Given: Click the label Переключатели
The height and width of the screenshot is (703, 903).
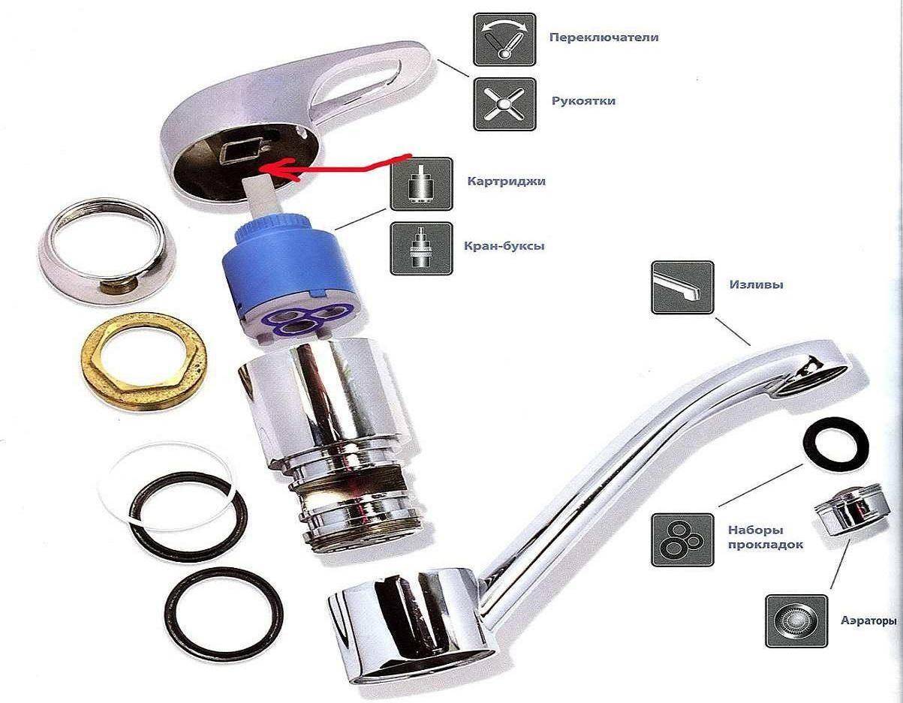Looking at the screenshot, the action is pyautogui.click(x=604, y=38).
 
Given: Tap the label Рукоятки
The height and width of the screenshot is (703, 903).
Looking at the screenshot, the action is pyautogui.click(x=583, y=101).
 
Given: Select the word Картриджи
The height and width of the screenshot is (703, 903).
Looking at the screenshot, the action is pyautogui.click(x=507, y=182).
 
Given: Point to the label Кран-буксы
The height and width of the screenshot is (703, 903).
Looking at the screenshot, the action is pyautogui.click(x=504, y=246).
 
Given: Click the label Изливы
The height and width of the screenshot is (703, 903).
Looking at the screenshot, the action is pyautogui.click(x=757, y=284).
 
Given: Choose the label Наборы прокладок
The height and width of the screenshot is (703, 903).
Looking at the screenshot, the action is pyautogui.click(x=766, y=537).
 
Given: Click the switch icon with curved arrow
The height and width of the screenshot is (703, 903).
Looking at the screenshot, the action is pyautogui.click(x=504, y=40).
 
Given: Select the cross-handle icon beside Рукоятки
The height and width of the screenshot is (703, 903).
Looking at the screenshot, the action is pyautogui.click(x=504, y=104).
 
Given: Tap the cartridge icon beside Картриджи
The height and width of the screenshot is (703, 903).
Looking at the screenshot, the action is pyautogui.click(x=421, y=184).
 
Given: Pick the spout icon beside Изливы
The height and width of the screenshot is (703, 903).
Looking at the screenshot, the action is pyautogui.click(x=682, y=287).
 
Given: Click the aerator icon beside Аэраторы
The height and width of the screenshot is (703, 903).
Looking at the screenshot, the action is pyautogui.click(x=796, y=621).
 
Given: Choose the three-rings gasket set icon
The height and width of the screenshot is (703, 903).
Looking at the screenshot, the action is pyautogui.click(x=682, y=539).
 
